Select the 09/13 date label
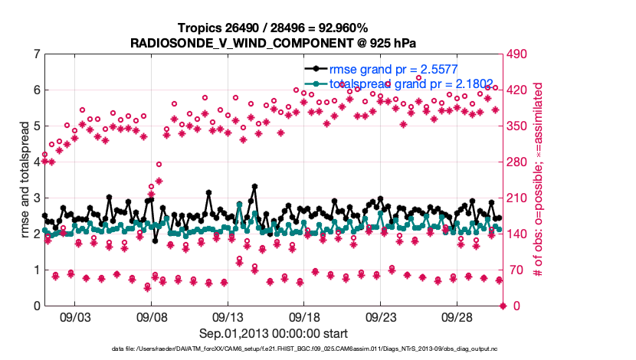228,317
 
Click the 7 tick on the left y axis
36,54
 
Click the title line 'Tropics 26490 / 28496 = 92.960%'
274,28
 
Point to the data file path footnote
274,350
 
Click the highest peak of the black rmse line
254,186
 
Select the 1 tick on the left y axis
36,270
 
